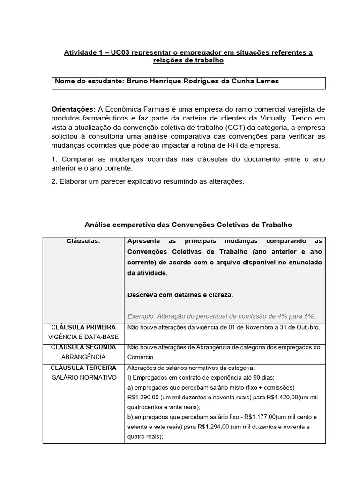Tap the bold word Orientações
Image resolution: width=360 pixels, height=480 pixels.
coord(73,109)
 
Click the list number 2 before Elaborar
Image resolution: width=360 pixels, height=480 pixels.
coord(53,181)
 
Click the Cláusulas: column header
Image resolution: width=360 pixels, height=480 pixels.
coord(83,241)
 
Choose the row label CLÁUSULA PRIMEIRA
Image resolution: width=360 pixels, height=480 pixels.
coord(83,327)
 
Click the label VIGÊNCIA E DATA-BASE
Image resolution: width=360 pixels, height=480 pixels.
coord(83,337)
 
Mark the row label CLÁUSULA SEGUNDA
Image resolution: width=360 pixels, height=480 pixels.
coord(83,347)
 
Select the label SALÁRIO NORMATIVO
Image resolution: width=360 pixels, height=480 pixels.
coord(83,377)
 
